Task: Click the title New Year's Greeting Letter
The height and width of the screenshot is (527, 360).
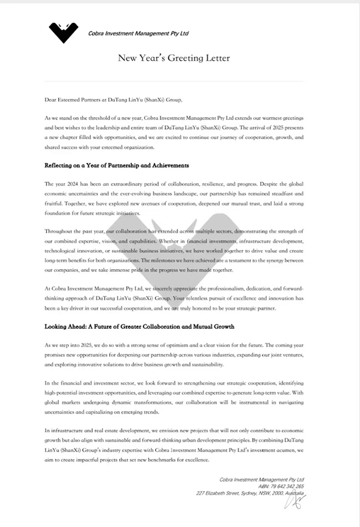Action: pos(173,58)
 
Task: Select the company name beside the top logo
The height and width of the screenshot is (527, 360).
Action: pos(138,33)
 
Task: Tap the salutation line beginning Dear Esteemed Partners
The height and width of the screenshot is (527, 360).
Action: pos(113,100)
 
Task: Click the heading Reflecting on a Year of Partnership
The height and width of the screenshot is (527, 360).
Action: pos(117,165)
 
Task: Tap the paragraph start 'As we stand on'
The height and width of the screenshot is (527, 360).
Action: pos(61,118)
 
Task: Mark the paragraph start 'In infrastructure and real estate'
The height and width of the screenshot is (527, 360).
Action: pos(83,430)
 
